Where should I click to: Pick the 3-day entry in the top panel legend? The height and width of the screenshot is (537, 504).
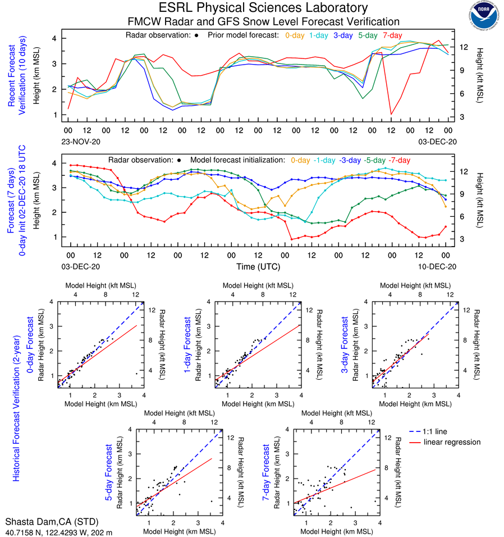click(343, 35)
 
